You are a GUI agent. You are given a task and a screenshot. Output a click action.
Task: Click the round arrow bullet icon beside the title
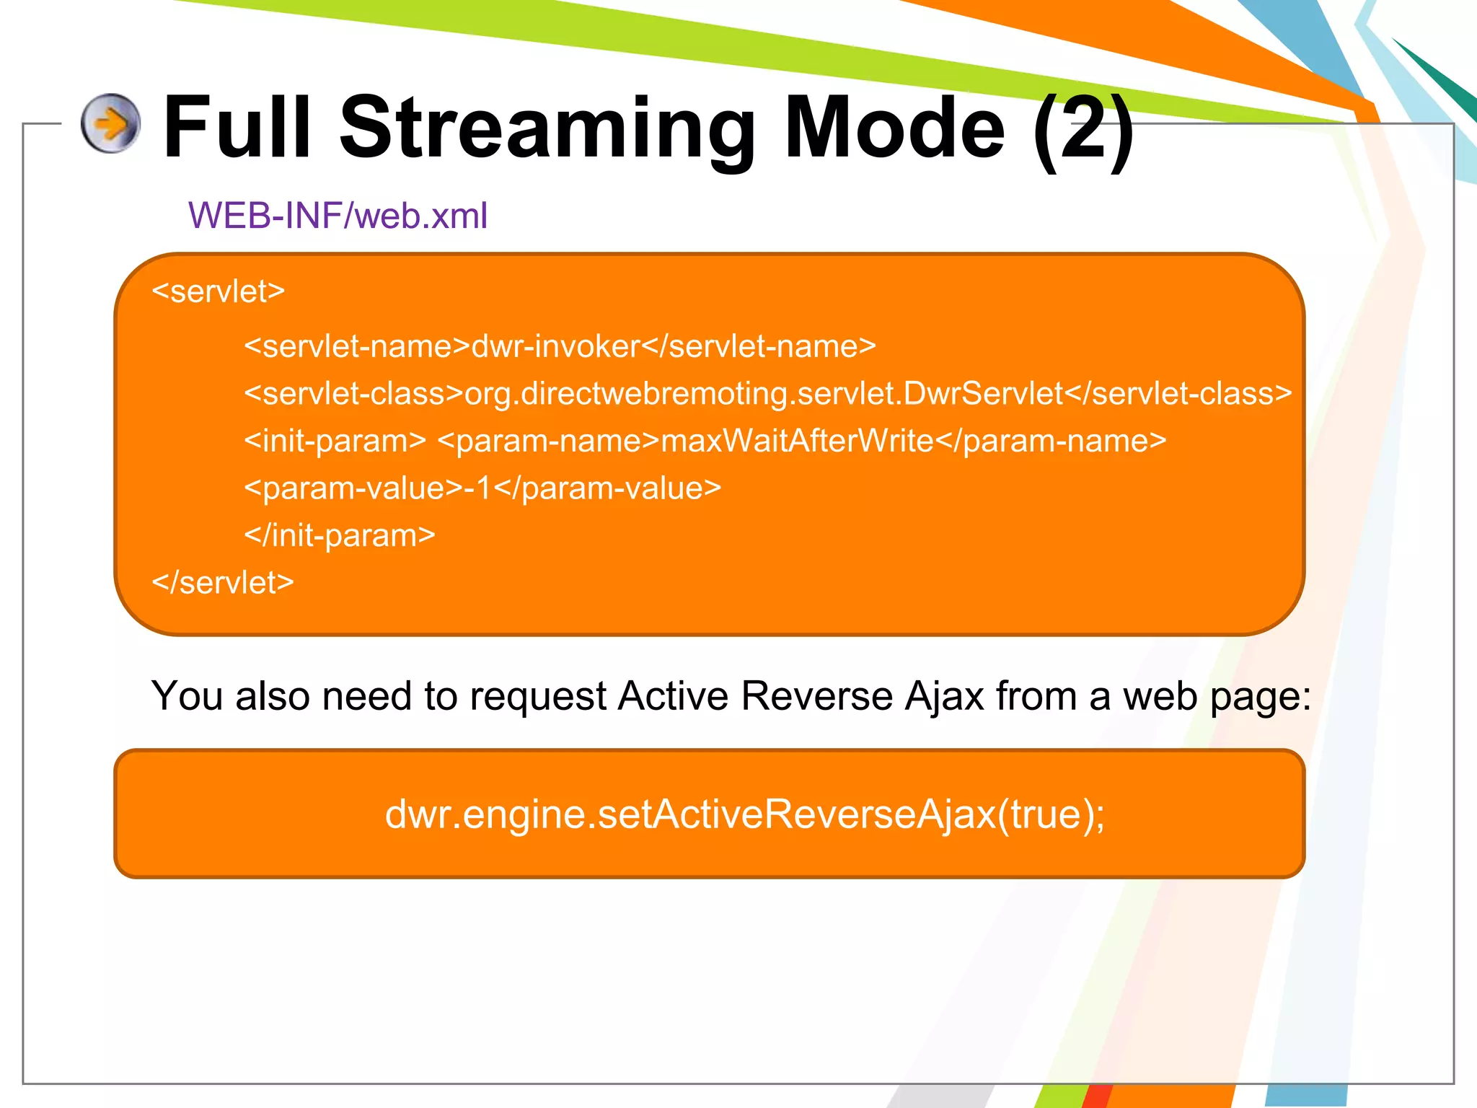110,123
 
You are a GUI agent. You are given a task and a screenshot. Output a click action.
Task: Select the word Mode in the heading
894,128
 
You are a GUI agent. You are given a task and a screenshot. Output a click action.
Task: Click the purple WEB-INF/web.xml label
338,216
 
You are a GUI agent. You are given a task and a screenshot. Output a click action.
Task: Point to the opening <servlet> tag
219,291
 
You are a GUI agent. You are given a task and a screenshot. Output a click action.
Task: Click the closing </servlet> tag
223,583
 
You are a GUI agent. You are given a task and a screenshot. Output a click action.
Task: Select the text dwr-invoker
555,347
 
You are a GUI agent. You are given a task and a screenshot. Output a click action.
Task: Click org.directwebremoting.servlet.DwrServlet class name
764,394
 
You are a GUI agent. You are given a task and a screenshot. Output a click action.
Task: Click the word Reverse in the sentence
816,697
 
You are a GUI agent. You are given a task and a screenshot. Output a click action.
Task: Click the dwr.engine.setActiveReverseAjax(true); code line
744,814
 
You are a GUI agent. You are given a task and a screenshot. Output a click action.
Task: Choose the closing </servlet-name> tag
759,347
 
